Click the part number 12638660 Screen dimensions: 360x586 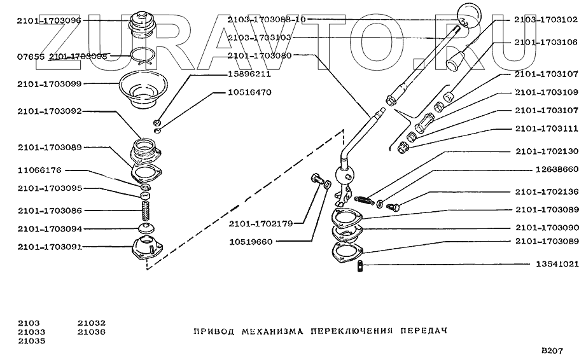tap(548, 169)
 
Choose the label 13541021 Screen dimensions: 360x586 tap(548, 264)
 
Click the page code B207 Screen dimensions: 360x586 tap(552, 350)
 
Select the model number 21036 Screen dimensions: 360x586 tap(92, 331)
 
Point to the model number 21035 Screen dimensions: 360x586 tap(31, 340)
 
